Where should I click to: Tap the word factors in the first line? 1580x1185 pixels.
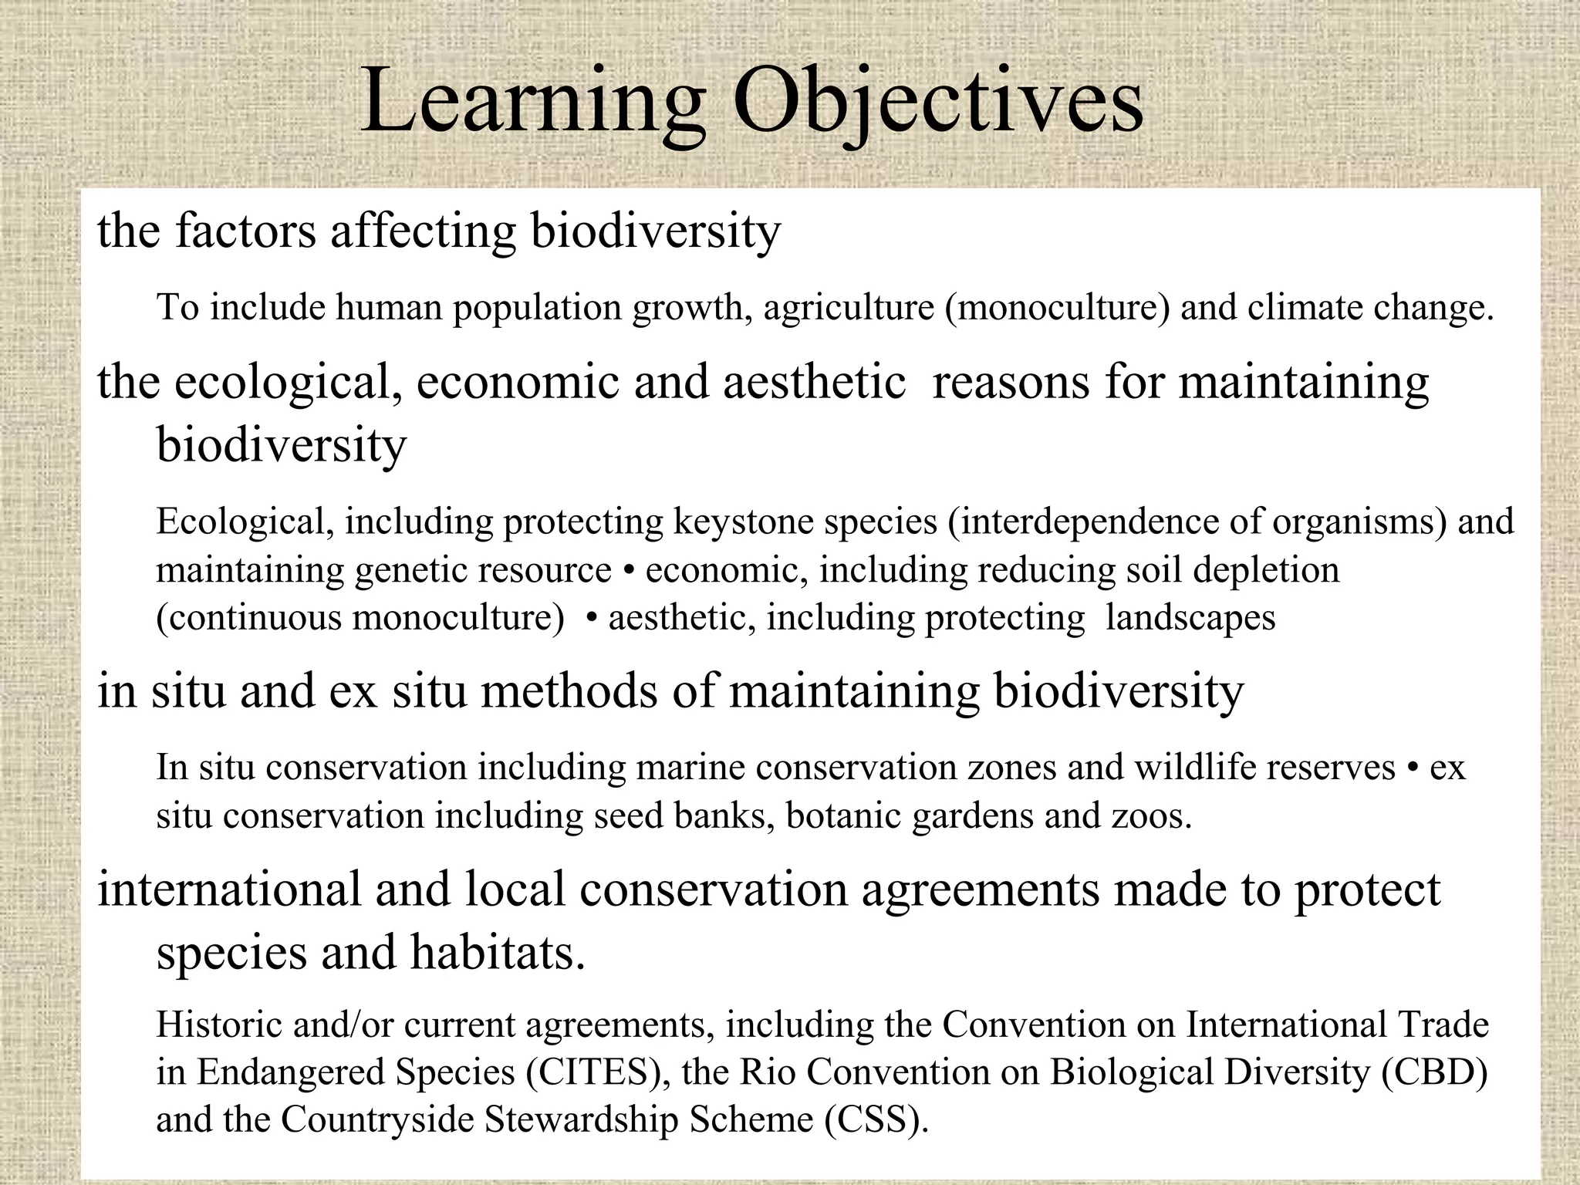[245, 231]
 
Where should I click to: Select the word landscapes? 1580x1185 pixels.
[1190, 619]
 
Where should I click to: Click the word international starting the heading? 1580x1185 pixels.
[228, 890]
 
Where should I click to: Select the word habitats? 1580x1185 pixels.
[498, 953]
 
